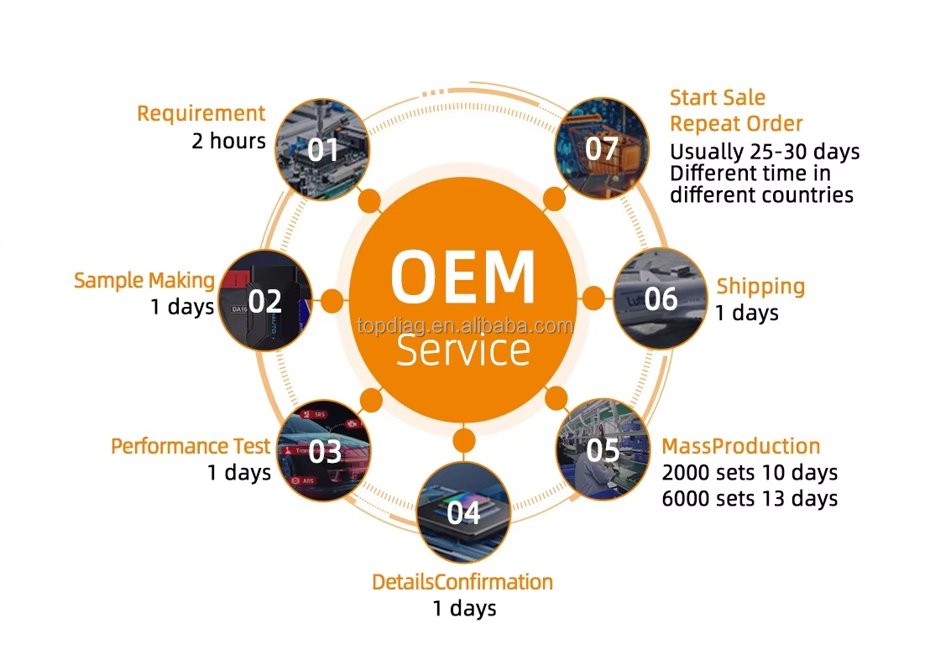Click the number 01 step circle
(322, 149)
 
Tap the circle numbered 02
(265, 301)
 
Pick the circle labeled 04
(464, 513)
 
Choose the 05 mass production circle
(603, 450)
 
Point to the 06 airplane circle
(660, 298)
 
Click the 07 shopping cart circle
(602, 148)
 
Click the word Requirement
(201, 114)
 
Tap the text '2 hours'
(228, 141)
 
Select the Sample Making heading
(144, 280)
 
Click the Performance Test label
(191, 446)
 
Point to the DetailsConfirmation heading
(462, 583)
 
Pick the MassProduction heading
(741, 446)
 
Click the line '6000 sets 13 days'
(750, 499)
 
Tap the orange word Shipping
(761, 287)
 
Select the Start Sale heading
(718, 97)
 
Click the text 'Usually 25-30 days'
(765, 152)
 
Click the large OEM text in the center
(463, 278)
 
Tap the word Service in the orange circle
(463, 350)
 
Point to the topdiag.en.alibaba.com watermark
(466, 326)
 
